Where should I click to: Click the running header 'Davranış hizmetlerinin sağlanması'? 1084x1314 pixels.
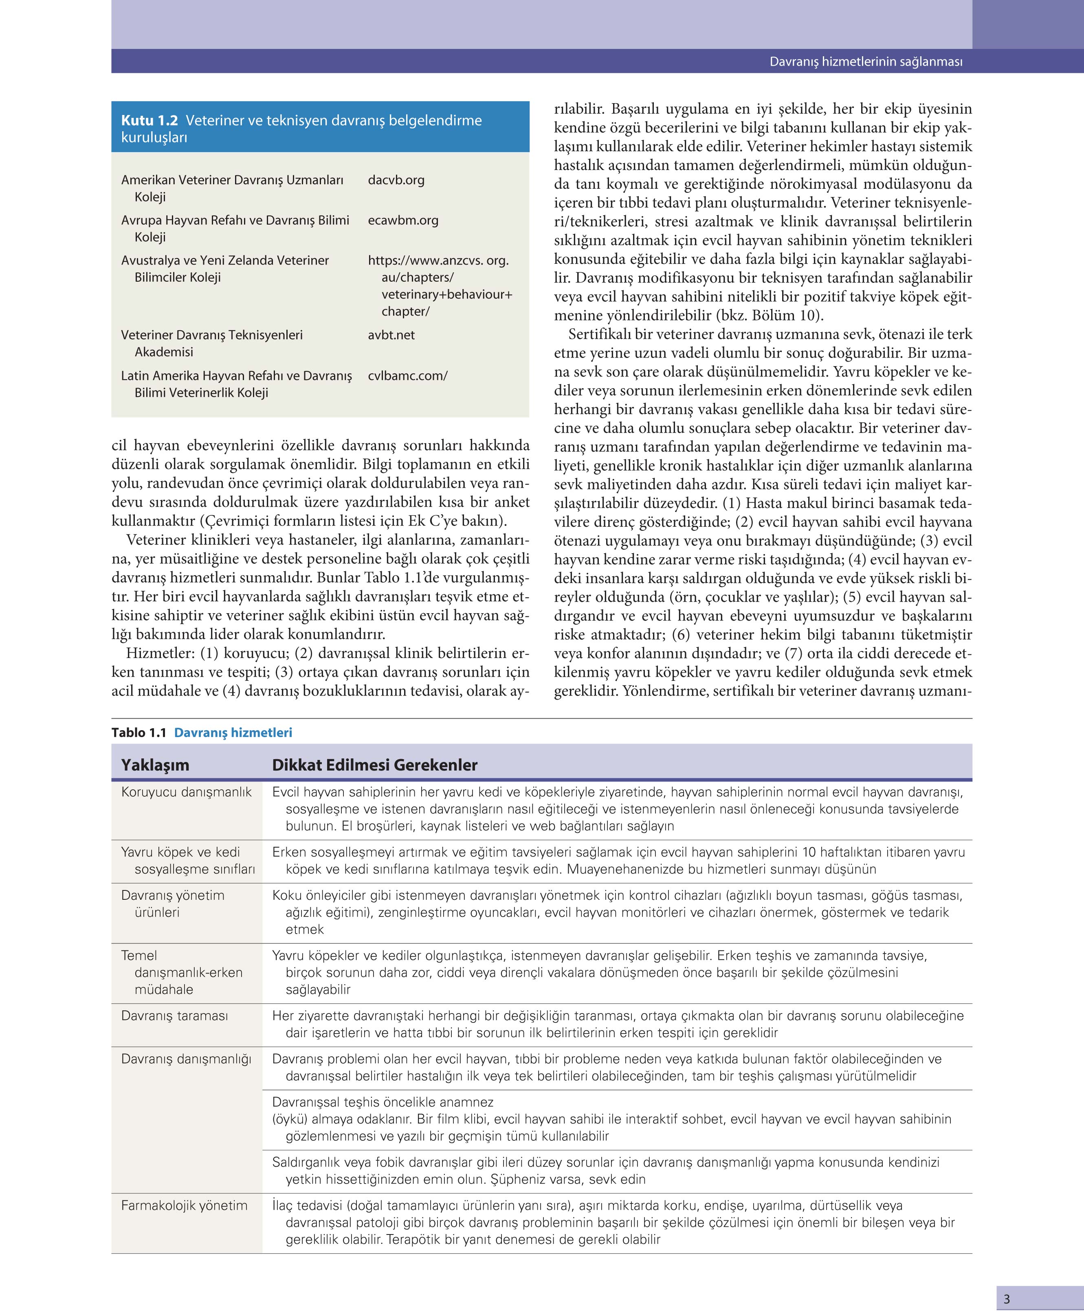866,62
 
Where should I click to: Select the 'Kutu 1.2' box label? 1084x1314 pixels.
149,121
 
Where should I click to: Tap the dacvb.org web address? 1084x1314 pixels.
396,180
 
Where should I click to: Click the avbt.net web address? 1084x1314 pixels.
391,335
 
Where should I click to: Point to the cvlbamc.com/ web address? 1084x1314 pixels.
407,375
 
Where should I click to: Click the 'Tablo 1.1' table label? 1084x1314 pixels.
139,732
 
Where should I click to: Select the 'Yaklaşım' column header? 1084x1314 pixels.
155,765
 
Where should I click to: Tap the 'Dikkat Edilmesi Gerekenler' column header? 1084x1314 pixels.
375,765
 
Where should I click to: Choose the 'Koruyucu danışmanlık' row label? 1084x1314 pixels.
186,792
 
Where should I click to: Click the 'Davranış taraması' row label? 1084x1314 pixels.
174,1016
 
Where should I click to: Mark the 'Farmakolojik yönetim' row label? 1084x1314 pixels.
184,1205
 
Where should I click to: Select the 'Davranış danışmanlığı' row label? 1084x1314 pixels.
186,1059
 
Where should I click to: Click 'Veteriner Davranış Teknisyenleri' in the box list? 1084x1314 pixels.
212,335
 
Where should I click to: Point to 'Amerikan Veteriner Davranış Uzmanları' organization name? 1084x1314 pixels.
232,180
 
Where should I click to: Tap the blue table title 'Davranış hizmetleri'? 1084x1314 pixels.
233,732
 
